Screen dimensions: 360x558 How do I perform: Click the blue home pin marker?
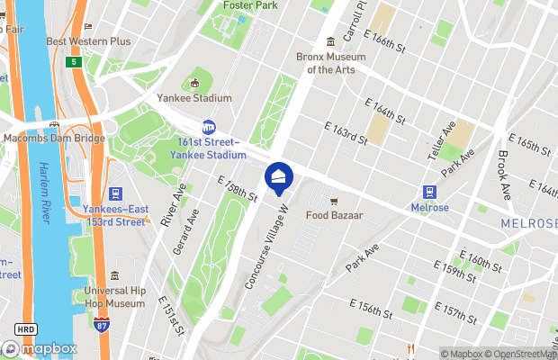click(279, 177)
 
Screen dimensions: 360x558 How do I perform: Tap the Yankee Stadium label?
click(194, 98)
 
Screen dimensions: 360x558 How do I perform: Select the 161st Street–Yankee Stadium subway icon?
click(208, 128)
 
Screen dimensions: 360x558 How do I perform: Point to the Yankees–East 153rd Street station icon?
click(115, 193)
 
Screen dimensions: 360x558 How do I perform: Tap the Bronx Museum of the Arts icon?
click(330, 40)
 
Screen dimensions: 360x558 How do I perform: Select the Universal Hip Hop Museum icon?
click(114, 276)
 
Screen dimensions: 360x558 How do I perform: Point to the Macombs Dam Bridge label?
click(52, 138)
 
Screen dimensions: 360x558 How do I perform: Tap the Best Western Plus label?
click(88, 41)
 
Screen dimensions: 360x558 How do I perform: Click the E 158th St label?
click(238, 188)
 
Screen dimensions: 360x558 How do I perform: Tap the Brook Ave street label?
click(504, 174)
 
